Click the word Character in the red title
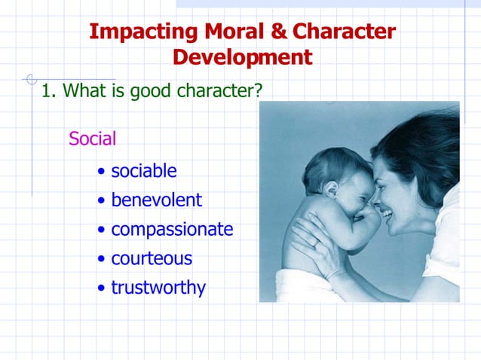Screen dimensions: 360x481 (x=343, y=32)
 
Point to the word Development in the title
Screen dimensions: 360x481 (x=242, y=57)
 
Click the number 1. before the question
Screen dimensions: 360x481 (x=49, y=91)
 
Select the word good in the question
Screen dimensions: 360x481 (x=150, y=92)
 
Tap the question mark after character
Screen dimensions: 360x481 (x=258, y=91)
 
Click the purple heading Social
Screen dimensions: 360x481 (x=92, y=139)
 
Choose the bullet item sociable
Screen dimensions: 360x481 (x=144, y=171)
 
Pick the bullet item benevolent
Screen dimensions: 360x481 (x=156, y=200)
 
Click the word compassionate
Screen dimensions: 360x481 (x=172, y=230)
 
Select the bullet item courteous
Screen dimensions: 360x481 (x=152, y=259)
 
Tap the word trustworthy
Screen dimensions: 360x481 (x=158, y=288)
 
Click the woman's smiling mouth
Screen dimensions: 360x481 (x=386, y=214)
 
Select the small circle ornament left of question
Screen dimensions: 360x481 (x=31, y=78)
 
